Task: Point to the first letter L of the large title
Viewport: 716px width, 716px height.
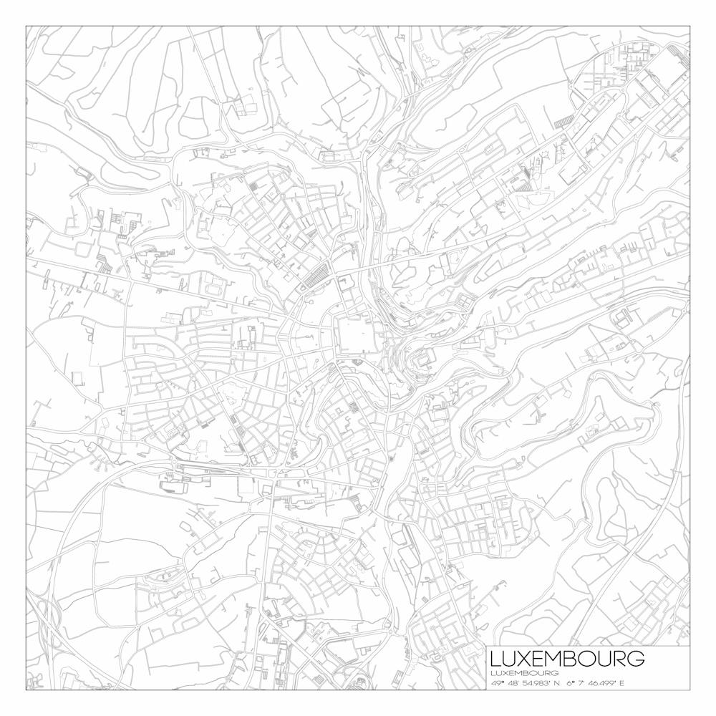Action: point(495,658)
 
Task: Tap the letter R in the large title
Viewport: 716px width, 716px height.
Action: point(619,658)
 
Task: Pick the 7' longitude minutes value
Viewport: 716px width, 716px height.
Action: point(580,683)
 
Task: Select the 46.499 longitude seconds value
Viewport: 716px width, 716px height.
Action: point(599,683)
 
